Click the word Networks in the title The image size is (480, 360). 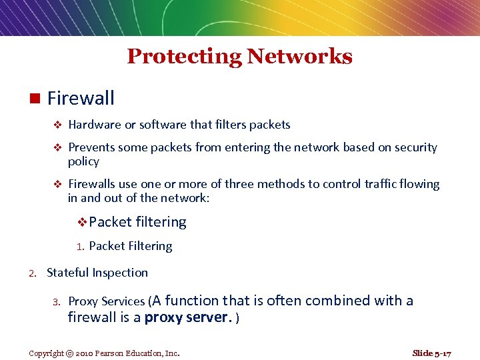(299, 57)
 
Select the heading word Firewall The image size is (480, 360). (81, 99)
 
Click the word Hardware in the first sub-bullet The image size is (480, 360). (95, 125)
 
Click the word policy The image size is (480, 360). (83, 162)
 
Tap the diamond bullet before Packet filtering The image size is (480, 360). (83, 222)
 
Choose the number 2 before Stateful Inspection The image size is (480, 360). (31, 273)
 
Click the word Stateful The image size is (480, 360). (68, 273)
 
